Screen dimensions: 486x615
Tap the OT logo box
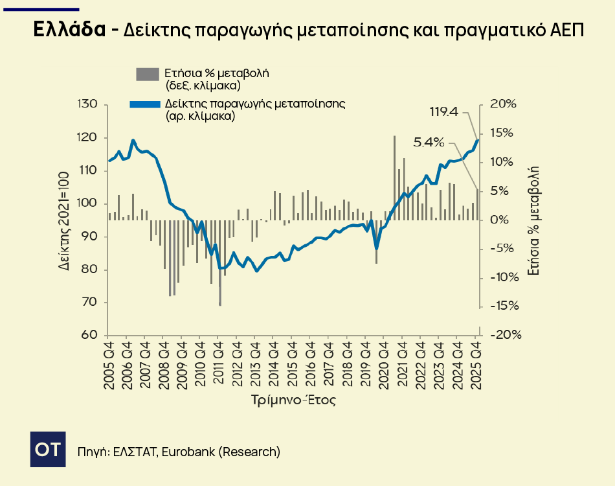click(49, 448)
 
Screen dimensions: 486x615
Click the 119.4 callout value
click(444, 112)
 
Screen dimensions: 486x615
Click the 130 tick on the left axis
click(87, 104)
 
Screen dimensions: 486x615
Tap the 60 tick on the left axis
click(90, 335)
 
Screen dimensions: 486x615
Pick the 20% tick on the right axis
click(503, 104)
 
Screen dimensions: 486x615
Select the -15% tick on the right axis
click(503, 306)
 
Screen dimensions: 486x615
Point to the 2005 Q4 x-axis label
click(108, 367)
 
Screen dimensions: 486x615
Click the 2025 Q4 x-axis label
click(478, 367)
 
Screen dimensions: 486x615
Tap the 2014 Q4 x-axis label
click(275, 367)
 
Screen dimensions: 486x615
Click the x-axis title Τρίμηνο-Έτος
click(293, 400)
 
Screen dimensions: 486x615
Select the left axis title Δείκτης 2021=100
click(64, 220)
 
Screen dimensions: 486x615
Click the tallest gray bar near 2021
click(394, 175)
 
